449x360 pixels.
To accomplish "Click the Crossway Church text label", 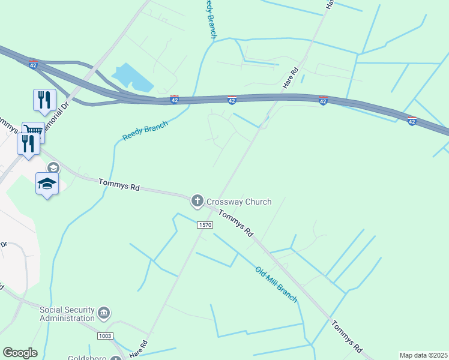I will click(x=239, y=202).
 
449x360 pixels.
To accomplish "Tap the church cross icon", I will click(x=197, y=202).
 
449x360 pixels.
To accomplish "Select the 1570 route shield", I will click(x=205, y=224).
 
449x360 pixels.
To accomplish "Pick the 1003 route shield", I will click(x=104, y=336).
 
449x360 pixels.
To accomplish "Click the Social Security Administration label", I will click(x=67, y=314).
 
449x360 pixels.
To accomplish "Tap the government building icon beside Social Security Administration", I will click(x=104, y=313).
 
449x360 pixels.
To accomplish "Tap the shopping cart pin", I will click(x=34, y=131).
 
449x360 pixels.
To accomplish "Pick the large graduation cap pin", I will click(x=47, y=184).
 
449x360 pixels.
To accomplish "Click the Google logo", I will click(x=20, y=353).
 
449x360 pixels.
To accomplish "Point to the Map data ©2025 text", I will click(x=423, y=355).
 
